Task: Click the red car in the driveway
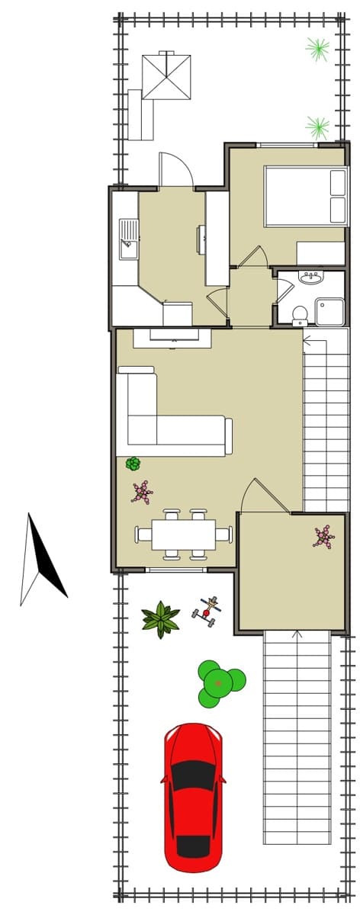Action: tap(193, 797)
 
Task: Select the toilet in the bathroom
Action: tap(300, 313)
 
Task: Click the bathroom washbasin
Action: tap(310, 278)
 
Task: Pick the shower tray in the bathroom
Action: tap(329, 312)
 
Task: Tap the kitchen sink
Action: tap(128, 239)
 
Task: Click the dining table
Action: tap(183, 534)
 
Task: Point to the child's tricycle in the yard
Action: tap(207, 612)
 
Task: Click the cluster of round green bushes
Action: tap(220, 682)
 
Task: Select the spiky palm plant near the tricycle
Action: tap(161, 618)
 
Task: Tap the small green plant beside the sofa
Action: tap(133, 463)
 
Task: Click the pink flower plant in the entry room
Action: tap(323, 536)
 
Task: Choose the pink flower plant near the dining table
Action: tap(142, 492)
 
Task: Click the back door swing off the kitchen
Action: tap(176, 170)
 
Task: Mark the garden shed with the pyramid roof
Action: tap(166, 75)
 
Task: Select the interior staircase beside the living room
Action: tap(326, 419)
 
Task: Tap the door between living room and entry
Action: tap(255, 496)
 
